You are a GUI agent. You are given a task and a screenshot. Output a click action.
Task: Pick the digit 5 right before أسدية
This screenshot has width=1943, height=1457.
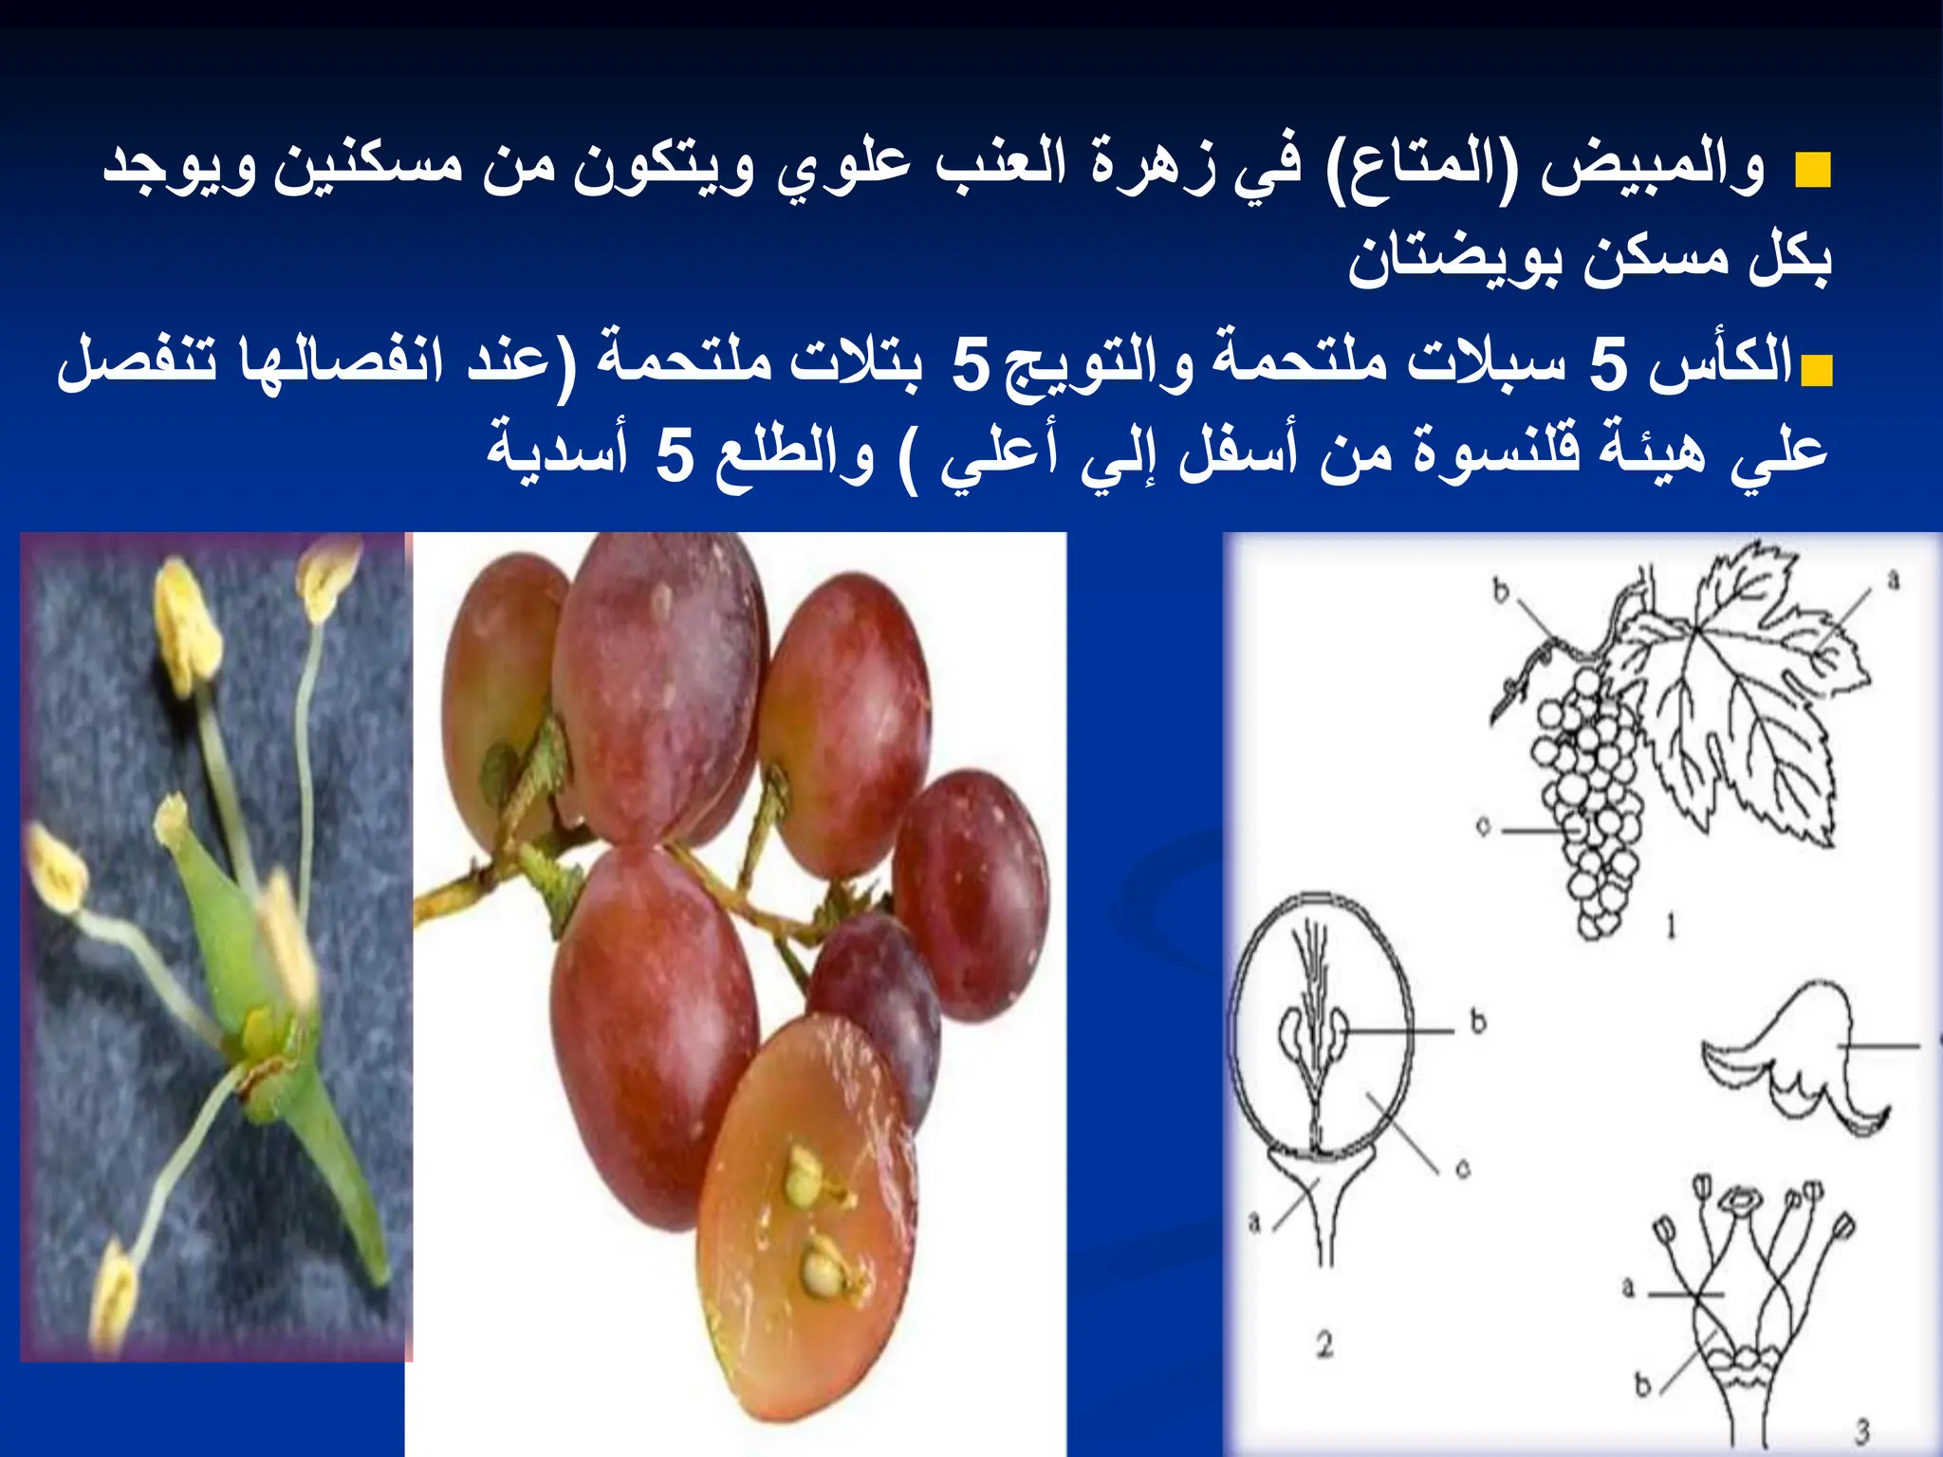[675, 454]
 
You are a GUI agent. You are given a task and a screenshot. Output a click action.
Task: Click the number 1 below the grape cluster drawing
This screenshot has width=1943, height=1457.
[1671, 925]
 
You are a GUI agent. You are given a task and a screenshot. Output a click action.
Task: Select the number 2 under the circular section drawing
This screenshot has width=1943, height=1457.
[1324, 1343]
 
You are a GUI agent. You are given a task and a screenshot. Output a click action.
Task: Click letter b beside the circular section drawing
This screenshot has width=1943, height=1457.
[1478, 1022]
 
